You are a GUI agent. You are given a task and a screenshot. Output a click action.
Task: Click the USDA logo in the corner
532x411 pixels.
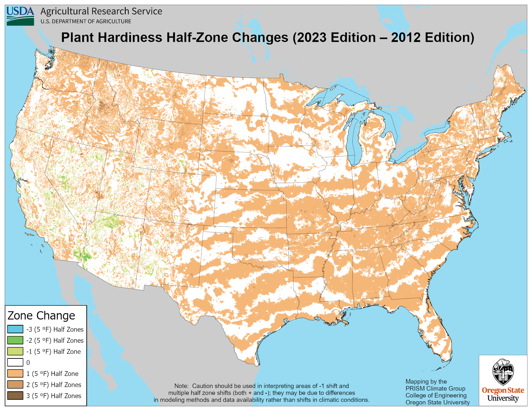pos(20,16)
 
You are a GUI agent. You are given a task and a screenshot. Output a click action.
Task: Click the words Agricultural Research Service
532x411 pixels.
pos(101,11)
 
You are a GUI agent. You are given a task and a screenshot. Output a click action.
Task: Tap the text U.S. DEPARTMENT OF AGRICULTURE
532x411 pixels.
pos(86,22)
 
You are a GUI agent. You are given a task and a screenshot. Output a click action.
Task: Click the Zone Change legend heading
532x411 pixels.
pos(41,316)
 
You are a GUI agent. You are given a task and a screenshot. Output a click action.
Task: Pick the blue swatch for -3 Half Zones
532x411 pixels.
pos(15,329)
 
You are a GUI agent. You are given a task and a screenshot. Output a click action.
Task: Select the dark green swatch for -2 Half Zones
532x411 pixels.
pos(15,340)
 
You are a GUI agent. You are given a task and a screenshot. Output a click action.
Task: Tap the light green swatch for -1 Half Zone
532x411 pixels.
pos(15,351)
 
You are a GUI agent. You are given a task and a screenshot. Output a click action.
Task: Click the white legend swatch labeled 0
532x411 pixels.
pos(15,362)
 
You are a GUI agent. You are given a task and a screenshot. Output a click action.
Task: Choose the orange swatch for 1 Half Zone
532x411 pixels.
pos(15,374)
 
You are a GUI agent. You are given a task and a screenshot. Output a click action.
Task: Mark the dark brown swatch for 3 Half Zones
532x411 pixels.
pos(15,396)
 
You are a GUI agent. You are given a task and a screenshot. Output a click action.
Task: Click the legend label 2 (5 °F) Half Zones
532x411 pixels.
pos(54,385)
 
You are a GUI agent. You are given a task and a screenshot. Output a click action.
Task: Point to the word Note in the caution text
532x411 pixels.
pos(181,386)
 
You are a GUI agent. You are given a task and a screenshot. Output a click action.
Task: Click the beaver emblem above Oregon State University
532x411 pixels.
pos(503,372)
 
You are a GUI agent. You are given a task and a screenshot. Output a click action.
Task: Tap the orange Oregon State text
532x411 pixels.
pos(503,390)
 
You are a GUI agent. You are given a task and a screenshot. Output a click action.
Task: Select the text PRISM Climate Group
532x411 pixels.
pos(435,388)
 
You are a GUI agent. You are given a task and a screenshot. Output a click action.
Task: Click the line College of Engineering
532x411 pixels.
pos(436,396)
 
